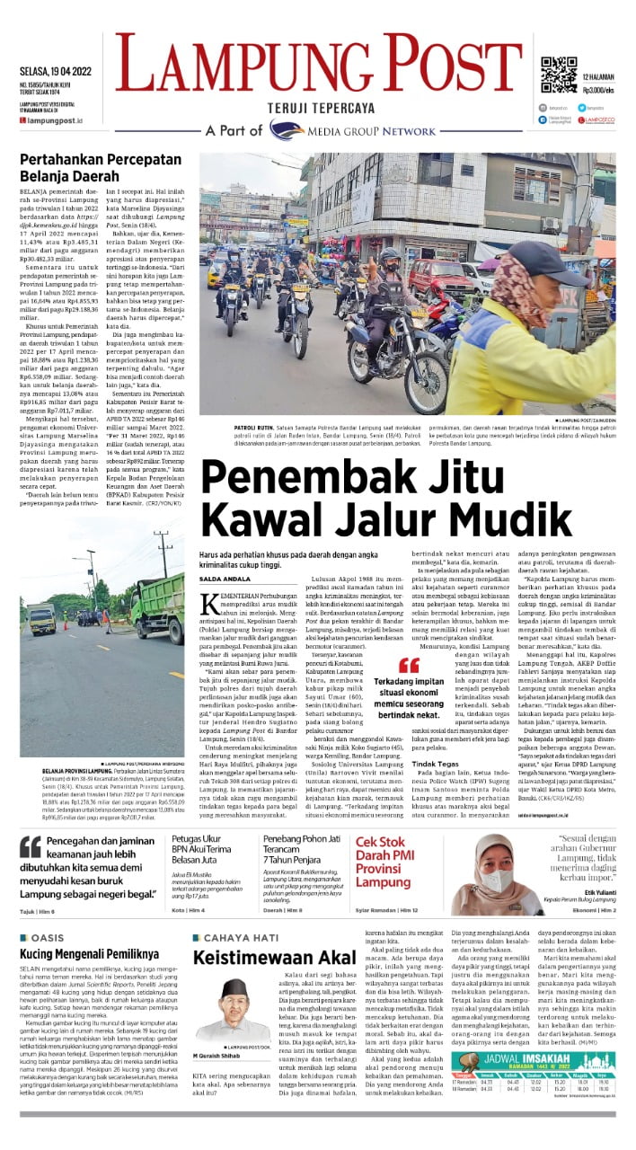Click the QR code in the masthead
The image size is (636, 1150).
click(x=558, y=75)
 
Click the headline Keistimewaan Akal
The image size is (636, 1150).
click(x=264, y=957)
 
